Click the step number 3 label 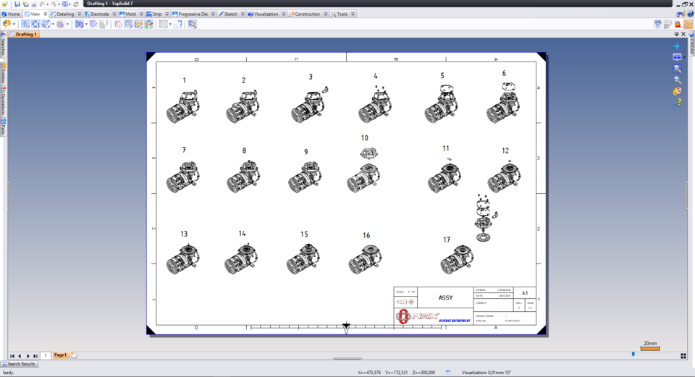click(x=311, y=77)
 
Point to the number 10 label click(x=364, y=137)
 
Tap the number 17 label click(x=447, y=240)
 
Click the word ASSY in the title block click(x=445, y=297)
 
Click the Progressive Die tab click(x=193, y=14)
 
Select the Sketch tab click(x=230, y=14)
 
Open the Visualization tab click(x=266, y=14)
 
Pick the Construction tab click(x=307, y=14)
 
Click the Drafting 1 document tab click(x=26, y=34)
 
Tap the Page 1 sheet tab click(x=61, y=355)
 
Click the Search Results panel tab click(x=20, y=364)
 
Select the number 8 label click(x=244, y=151)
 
